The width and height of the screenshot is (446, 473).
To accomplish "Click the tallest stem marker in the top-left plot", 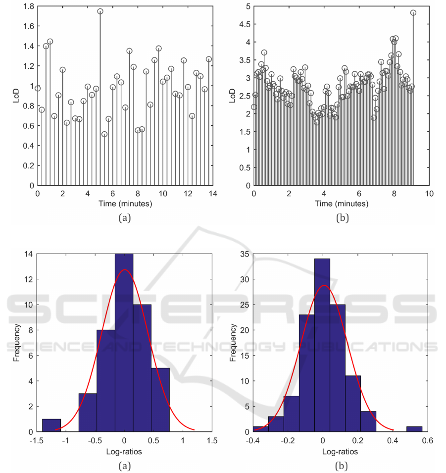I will (100, 11).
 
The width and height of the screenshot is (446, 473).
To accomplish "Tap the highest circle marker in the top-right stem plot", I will (413, 13).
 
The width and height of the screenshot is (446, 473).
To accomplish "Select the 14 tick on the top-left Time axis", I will (212, 193).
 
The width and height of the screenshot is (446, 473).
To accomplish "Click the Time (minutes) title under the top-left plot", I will (125, 203).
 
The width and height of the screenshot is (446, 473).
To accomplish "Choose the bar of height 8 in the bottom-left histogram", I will (105, 381).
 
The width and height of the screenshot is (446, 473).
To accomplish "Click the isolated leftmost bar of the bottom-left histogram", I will (51, 425).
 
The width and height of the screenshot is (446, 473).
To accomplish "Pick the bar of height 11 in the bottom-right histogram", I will (352, 403).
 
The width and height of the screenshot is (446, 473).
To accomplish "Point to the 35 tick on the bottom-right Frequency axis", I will (244, 254).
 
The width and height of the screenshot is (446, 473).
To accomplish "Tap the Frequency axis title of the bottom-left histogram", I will (18, 342).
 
